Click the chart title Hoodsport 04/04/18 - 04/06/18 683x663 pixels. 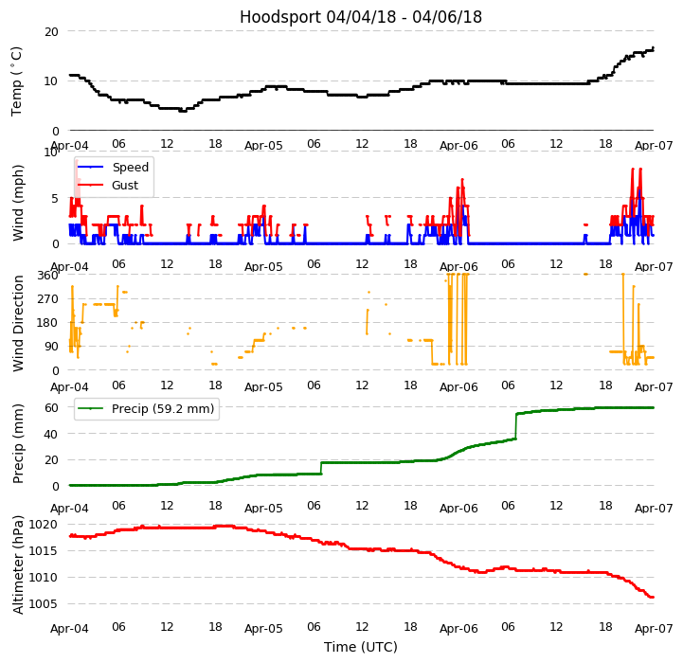point(360,17)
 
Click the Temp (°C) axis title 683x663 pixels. point(17,81)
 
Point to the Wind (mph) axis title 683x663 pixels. point(19,202)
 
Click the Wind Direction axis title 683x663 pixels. point(19,322)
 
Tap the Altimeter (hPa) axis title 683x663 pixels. point(19,564)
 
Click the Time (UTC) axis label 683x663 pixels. point(360,647)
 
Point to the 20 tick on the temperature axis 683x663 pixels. point(51,31)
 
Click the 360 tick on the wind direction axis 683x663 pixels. point(47,276)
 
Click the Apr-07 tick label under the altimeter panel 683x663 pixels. point(654,628)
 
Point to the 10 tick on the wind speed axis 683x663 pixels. point(51,152)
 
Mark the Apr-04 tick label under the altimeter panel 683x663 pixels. point(69,628)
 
